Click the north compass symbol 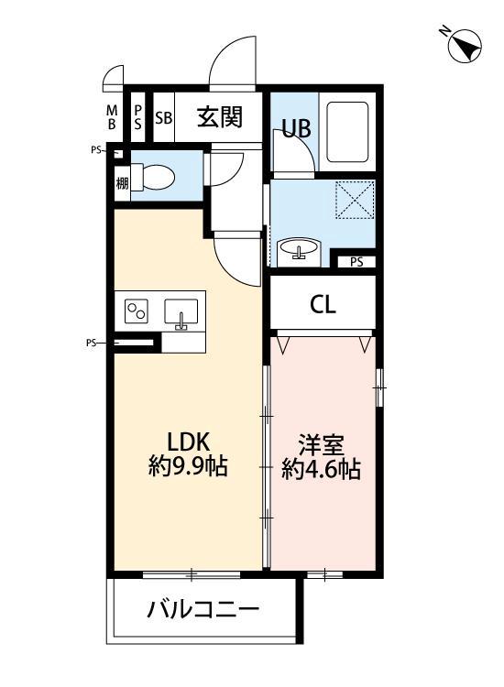tap(465, 45)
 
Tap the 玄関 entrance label tap(220, 117)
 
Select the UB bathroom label tap(295, 129)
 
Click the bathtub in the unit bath tap(347, 134)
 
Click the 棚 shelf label tap(122, 182)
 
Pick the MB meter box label tap(112, 117)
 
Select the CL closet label tap(322, 304)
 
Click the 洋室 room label tap(321, 445)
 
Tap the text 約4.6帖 tap(321, 470)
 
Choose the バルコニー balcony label tap(203, 610)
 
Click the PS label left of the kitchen tap(92, 344)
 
